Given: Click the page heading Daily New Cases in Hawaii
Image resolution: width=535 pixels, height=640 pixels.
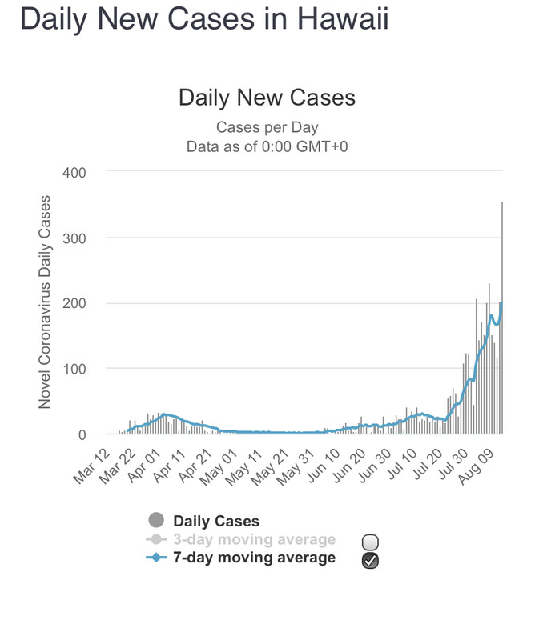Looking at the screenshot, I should pyautogui.click(x=204, y=19).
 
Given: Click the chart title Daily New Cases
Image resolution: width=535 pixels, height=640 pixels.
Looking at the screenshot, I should pyautogui.click(x=267, y=98).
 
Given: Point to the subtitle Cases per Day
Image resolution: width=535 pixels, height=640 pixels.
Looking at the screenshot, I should pyautogui.click(x=267, y=128).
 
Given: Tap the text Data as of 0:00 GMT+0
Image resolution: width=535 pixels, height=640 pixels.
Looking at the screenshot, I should pyautogui.click(x=267, y=146).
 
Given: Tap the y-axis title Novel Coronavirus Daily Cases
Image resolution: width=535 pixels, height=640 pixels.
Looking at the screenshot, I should pyautogui.click(x=45, y=302).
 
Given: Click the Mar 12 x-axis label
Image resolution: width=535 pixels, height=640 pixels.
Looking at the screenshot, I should pyautogui.click(x=91, y=468).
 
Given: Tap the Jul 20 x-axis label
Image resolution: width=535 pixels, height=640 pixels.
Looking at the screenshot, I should pyautogui.click(x=436, y=468).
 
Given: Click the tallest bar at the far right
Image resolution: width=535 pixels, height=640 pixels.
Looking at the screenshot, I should pyautogui.click(x=502, y=320).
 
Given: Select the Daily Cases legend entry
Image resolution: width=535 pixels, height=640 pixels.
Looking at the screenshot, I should pyautogui.click(x=216, y=522).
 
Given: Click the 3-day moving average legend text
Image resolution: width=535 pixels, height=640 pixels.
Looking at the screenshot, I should pyautogui.click(x=254, y=540).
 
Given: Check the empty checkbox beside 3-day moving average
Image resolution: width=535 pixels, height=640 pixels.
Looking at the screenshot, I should pyautogui.click(x=370, y=542).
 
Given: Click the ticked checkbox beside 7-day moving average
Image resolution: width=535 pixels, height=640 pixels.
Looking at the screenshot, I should pyautogui.click(x=370, y=560).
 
